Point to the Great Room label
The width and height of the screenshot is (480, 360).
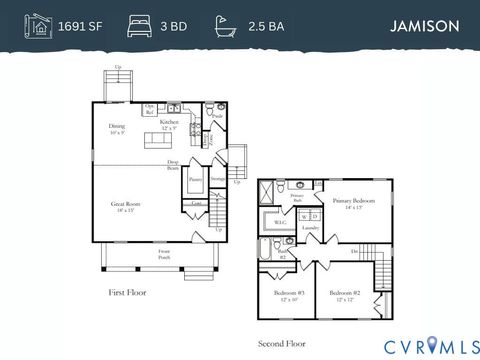click(x=126, y=207)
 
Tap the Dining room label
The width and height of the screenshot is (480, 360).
click(x=117, y=129)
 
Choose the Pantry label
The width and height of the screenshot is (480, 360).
click(x=196, y=182)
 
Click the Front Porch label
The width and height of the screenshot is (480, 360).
click(x=163, y=255)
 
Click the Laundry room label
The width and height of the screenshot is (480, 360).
click(x=309, y=228)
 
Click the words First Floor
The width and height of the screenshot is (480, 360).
click(x=129, y=292)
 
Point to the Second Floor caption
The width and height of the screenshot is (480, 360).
click(x=282, y=342)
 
